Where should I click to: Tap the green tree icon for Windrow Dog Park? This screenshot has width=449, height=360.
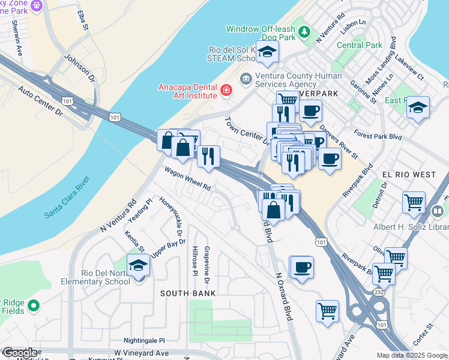305,31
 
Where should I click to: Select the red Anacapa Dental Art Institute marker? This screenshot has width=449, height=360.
226,91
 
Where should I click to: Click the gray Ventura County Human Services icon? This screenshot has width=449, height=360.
246,79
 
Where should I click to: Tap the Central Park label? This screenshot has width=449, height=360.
359,45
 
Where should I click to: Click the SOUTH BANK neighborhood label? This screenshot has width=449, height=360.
187,292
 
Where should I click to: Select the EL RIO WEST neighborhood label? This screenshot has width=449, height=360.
409,175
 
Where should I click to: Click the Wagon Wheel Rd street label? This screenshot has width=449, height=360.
188,178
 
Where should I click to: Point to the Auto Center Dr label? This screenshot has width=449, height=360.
40,101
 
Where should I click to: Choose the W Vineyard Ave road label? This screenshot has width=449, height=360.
142,353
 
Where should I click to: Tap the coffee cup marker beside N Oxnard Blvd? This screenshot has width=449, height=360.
301,267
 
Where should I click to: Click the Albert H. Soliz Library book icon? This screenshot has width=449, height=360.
438,211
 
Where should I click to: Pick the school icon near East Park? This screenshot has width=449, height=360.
418,108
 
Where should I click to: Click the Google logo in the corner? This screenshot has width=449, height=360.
19,353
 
